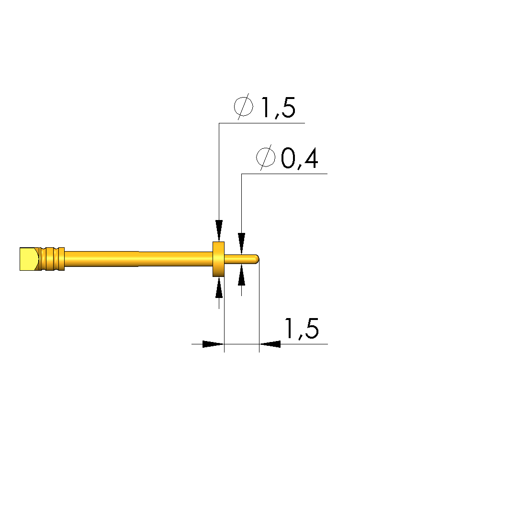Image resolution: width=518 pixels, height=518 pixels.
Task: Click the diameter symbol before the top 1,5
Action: [244, 106]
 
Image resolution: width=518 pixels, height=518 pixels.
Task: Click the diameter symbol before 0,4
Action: [266, 157]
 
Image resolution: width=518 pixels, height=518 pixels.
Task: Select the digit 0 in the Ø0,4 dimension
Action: [288, 158]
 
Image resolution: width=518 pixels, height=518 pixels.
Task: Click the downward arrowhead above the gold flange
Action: [219, 231]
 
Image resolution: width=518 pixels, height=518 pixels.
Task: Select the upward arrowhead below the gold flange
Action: [219, 287]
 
